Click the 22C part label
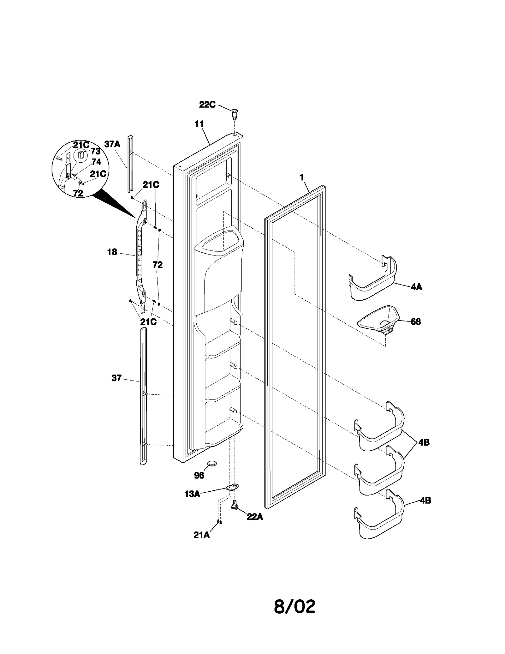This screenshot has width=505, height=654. click(x=207, y=105)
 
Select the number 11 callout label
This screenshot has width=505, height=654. click(x=199, y=124)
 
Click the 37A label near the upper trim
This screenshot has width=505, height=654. click(x=112, y=144)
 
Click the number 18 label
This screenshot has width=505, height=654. click(x=112, y=252)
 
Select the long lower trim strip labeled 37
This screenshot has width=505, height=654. click(x=143, y=395)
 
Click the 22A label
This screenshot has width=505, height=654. click(x=255, y=517)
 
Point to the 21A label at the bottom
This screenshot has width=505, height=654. click(x=201, y=535)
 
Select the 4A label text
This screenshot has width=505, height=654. click(x=416, y=287)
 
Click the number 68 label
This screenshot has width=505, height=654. click(x=416, y=322)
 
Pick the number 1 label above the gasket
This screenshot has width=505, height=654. click(x=302, y=177)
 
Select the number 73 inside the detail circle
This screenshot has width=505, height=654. click(x=95, y=151)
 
